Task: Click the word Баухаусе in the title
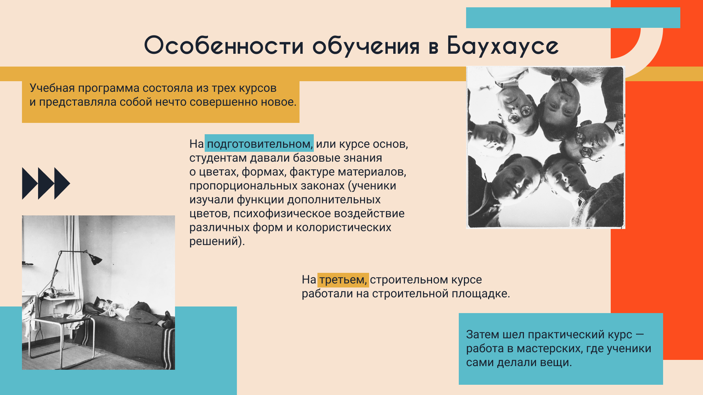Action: coord(503,46)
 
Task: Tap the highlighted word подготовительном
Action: coord(259,144)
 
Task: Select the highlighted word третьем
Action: coord(343,280)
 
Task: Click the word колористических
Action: coord(343,227)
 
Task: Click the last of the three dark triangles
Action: coord(62,183)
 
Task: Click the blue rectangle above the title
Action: coord(573,18)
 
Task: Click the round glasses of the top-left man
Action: coord(520,114)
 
